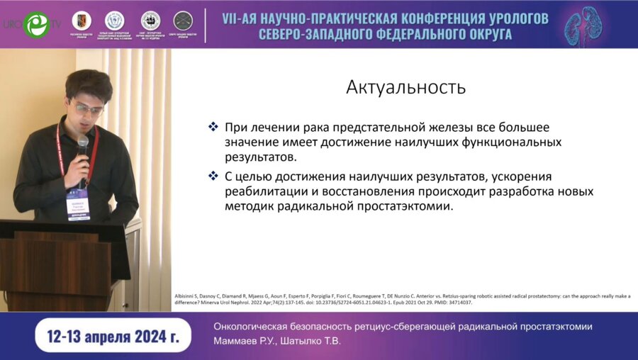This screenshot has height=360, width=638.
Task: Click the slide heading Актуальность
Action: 405,87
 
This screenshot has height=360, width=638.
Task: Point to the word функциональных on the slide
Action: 508,142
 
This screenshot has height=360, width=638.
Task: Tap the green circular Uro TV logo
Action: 35,24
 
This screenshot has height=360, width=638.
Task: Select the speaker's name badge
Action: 78,205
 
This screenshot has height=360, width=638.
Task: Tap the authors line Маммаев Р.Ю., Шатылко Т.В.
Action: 277,341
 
